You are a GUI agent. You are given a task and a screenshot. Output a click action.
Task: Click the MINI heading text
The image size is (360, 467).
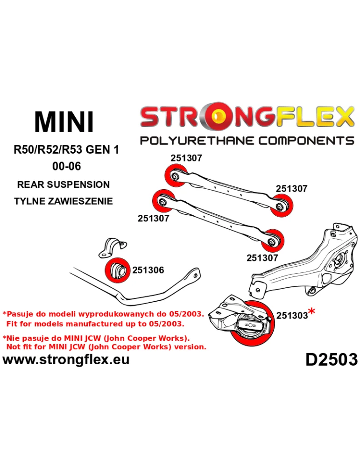(64, 121)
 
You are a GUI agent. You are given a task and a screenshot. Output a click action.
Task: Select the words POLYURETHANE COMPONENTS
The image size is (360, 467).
(247, 140)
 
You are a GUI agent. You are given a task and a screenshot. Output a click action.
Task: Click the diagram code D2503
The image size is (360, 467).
(332, 359)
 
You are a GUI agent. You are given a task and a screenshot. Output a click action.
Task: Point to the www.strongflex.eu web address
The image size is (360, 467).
(66, 360)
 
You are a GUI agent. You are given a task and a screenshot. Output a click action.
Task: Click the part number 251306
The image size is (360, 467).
(148, 270)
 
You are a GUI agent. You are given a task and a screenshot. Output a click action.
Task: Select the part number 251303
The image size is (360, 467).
(292, 315)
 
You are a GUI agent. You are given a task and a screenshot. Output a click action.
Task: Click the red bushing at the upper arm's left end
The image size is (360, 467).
(176, 175)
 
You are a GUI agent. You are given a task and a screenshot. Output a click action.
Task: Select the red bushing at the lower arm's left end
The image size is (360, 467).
(162, 201)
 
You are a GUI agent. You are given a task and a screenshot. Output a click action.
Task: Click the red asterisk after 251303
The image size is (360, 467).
(311, 312)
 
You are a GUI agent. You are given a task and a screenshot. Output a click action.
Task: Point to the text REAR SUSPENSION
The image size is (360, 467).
(64, 184)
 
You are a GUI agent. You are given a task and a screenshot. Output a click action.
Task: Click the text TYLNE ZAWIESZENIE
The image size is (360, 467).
(64, 201)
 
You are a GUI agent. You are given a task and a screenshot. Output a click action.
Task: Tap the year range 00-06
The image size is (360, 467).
(66, 166)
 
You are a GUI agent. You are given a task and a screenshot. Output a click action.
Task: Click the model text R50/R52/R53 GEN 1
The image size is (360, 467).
(66, 149)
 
